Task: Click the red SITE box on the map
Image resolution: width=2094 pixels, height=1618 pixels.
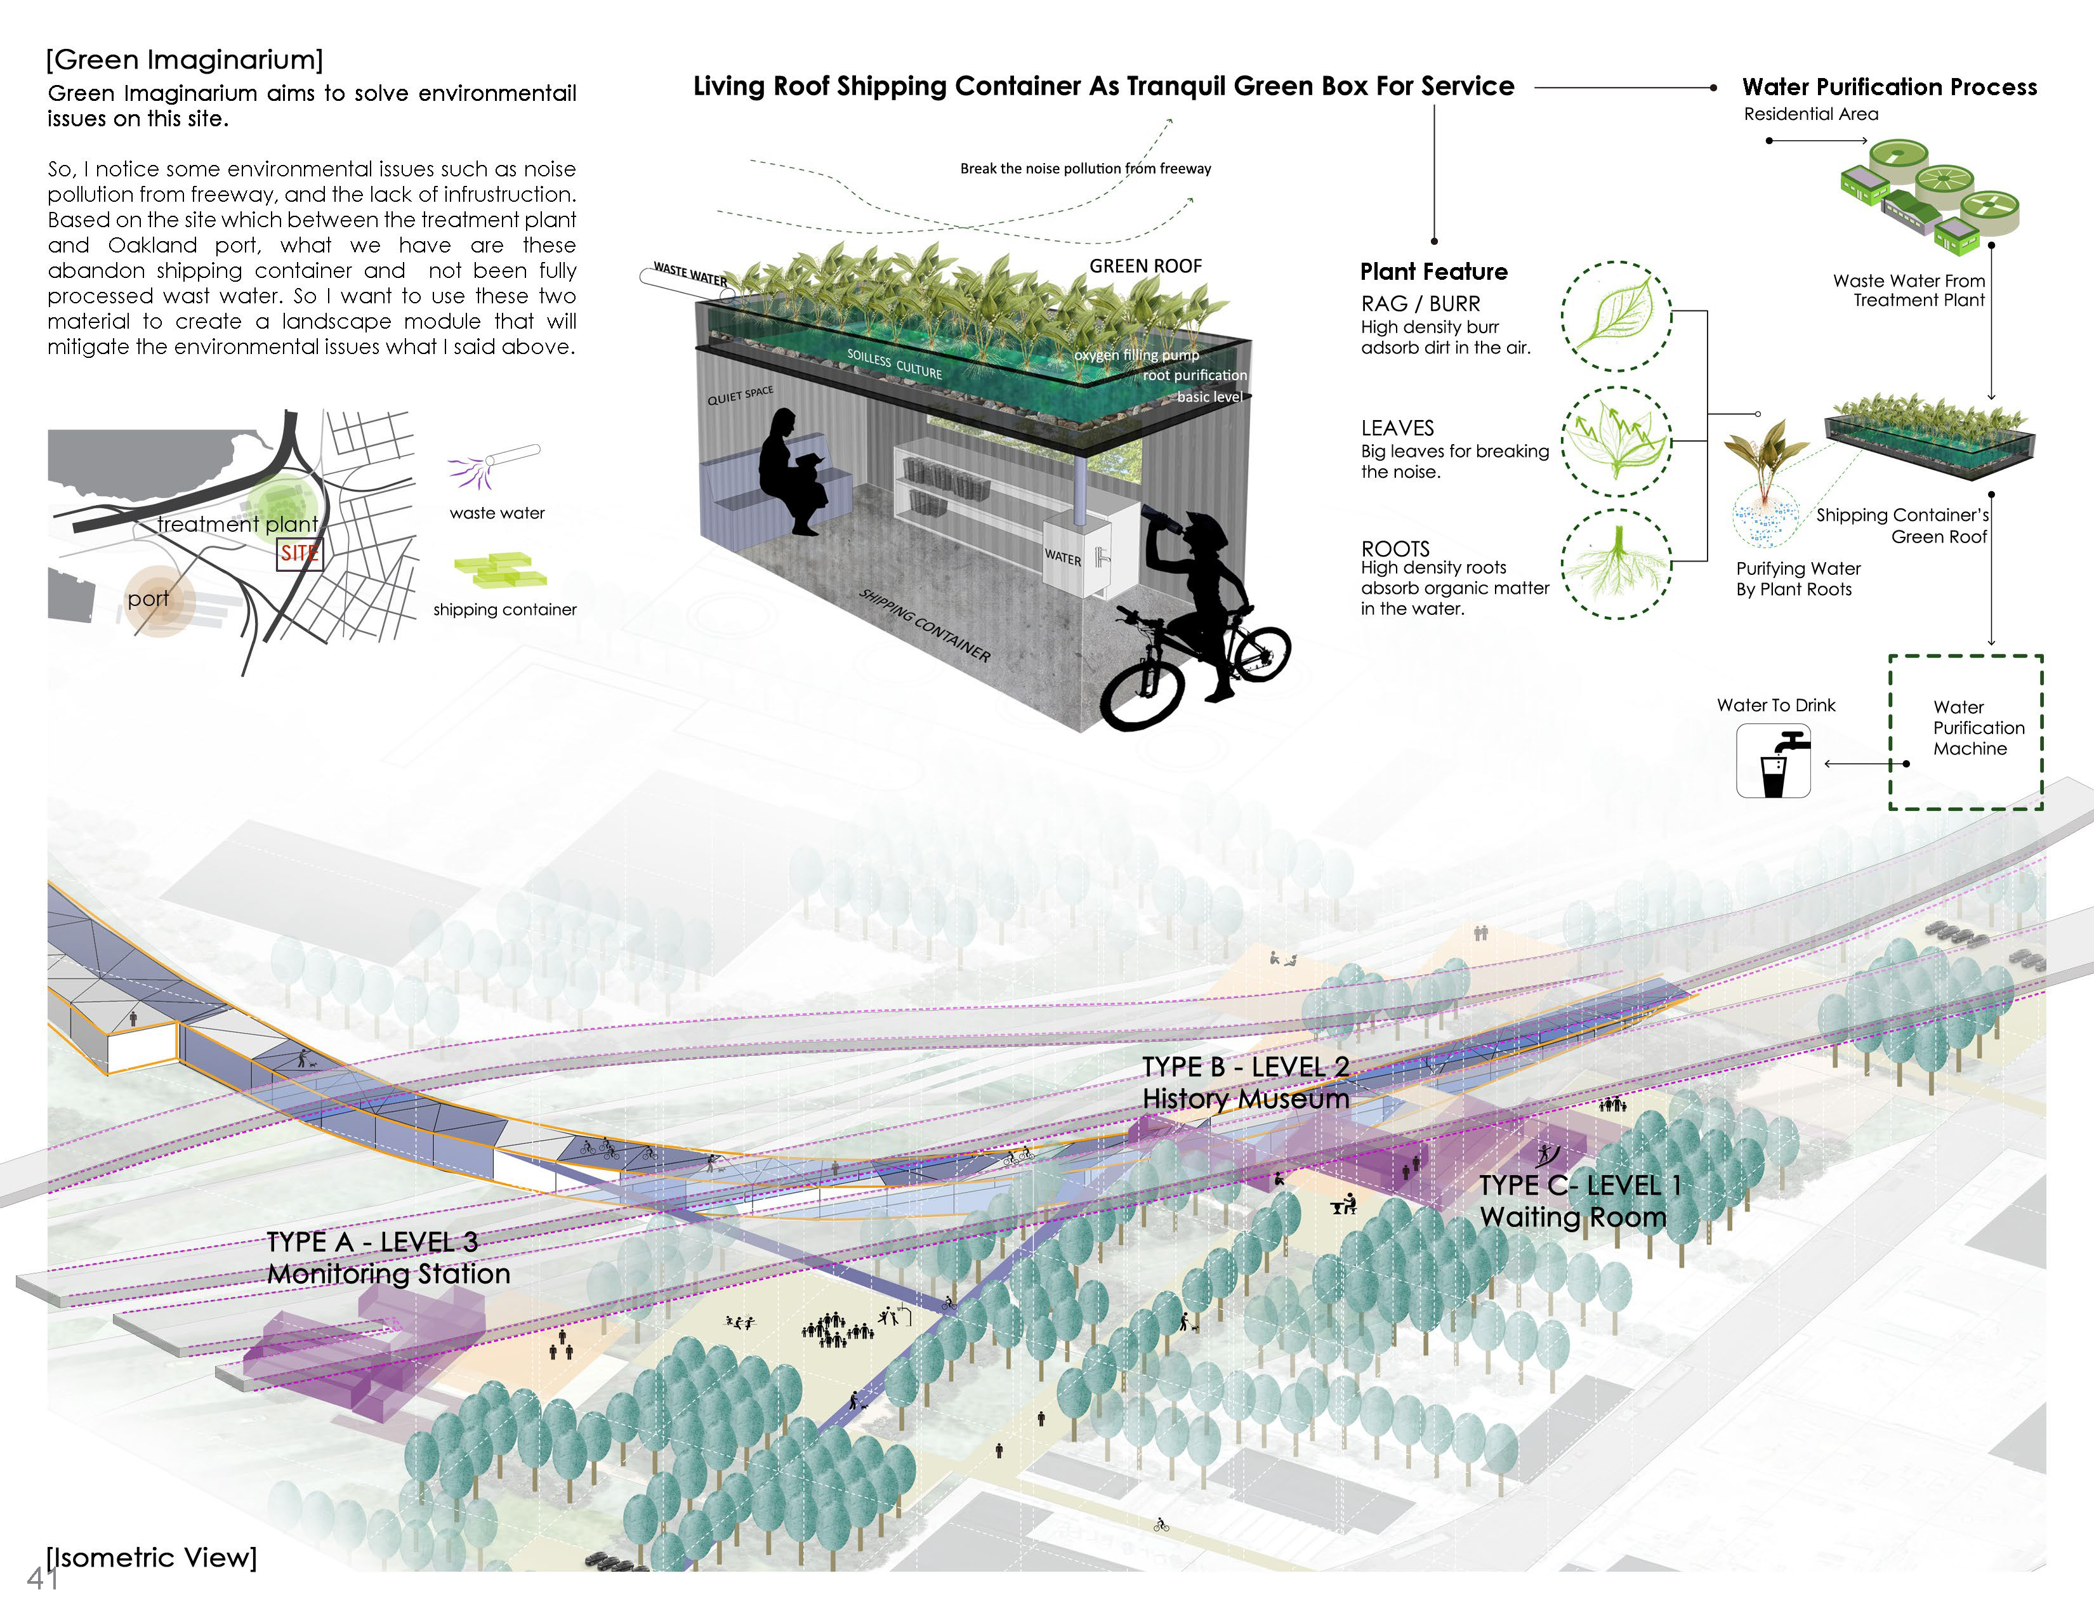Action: (x=299, y=553)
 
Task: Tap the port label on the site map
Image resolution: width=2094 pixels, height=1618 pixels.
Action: (x=148, y=599)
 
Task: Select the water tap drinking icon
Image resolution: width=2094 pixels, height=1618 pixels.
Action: (x=1773, y=761)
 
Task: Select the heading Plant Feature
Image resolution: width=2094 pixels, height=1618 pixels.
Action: (x=1433, y=272)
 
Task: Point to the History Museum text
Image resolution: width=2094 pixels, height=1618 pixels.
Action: (x=1246, y=1098)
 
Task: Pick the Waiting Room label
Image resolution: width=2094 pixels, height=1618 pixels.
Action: (x=1572, y=1218)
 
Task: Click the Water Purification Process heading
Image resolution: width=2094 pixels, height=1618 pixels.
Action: (x=1889, y=87)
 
